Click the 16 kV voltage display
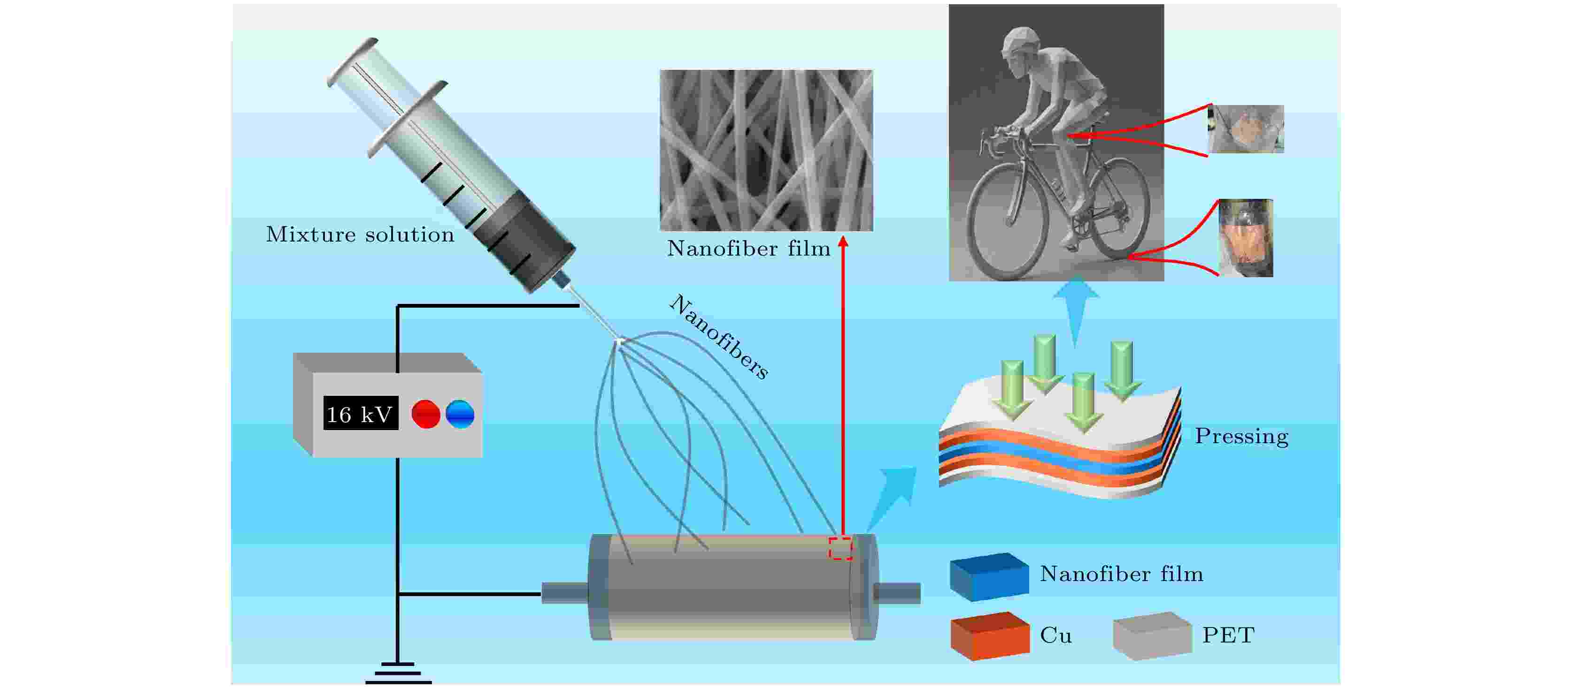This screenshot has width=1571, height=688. tap(361, 413)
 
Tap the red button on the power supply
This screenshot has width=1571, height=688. tap(426, 415)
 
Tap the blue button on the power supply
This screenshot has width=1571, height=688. tap(460, 415)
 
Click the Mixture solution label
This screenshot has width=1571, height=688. tap(360, 234)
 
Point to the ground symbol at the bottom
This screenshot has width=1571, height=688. tap(398, 673)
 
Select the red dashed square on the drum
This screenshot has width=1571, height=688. tap(840, 548)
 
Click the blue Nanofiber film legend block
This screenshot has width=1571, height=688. tap(989, 576)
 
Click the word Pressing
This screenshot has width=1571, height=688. tap(1241, 436)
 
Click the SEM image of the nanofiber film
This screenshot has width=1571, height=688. tap(766, 150)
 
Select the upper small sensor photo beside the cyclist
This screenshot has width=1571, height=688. tap(1246, 129)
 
